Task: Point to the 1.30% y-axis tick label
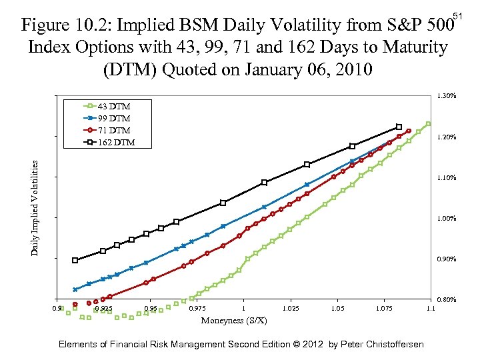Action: [x=446, y=96]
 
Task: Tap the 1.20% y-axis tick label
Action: [x=446, y=137]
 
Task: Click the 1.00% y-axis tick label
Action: [x=446, y=218]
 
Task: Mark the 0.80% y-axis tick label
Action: [x=446, y=300]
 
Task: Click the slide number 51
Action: [x=457, y=15]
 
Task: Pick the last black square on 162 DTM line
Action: [x=399, y=127]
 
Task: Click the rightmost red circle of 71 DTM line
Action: [x=409, y=131]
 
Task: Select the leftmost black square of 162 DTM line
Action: [x=75, y=261]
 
